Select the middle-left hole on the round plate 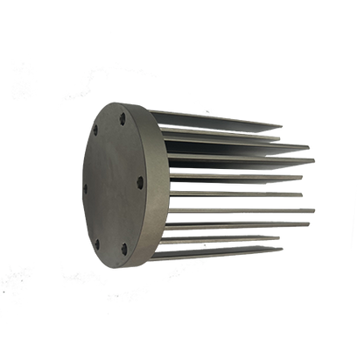(x=84, y=187)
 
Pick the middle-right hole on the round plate (x=140, y=183)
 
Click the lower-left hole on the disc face (x=96, y=244)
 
